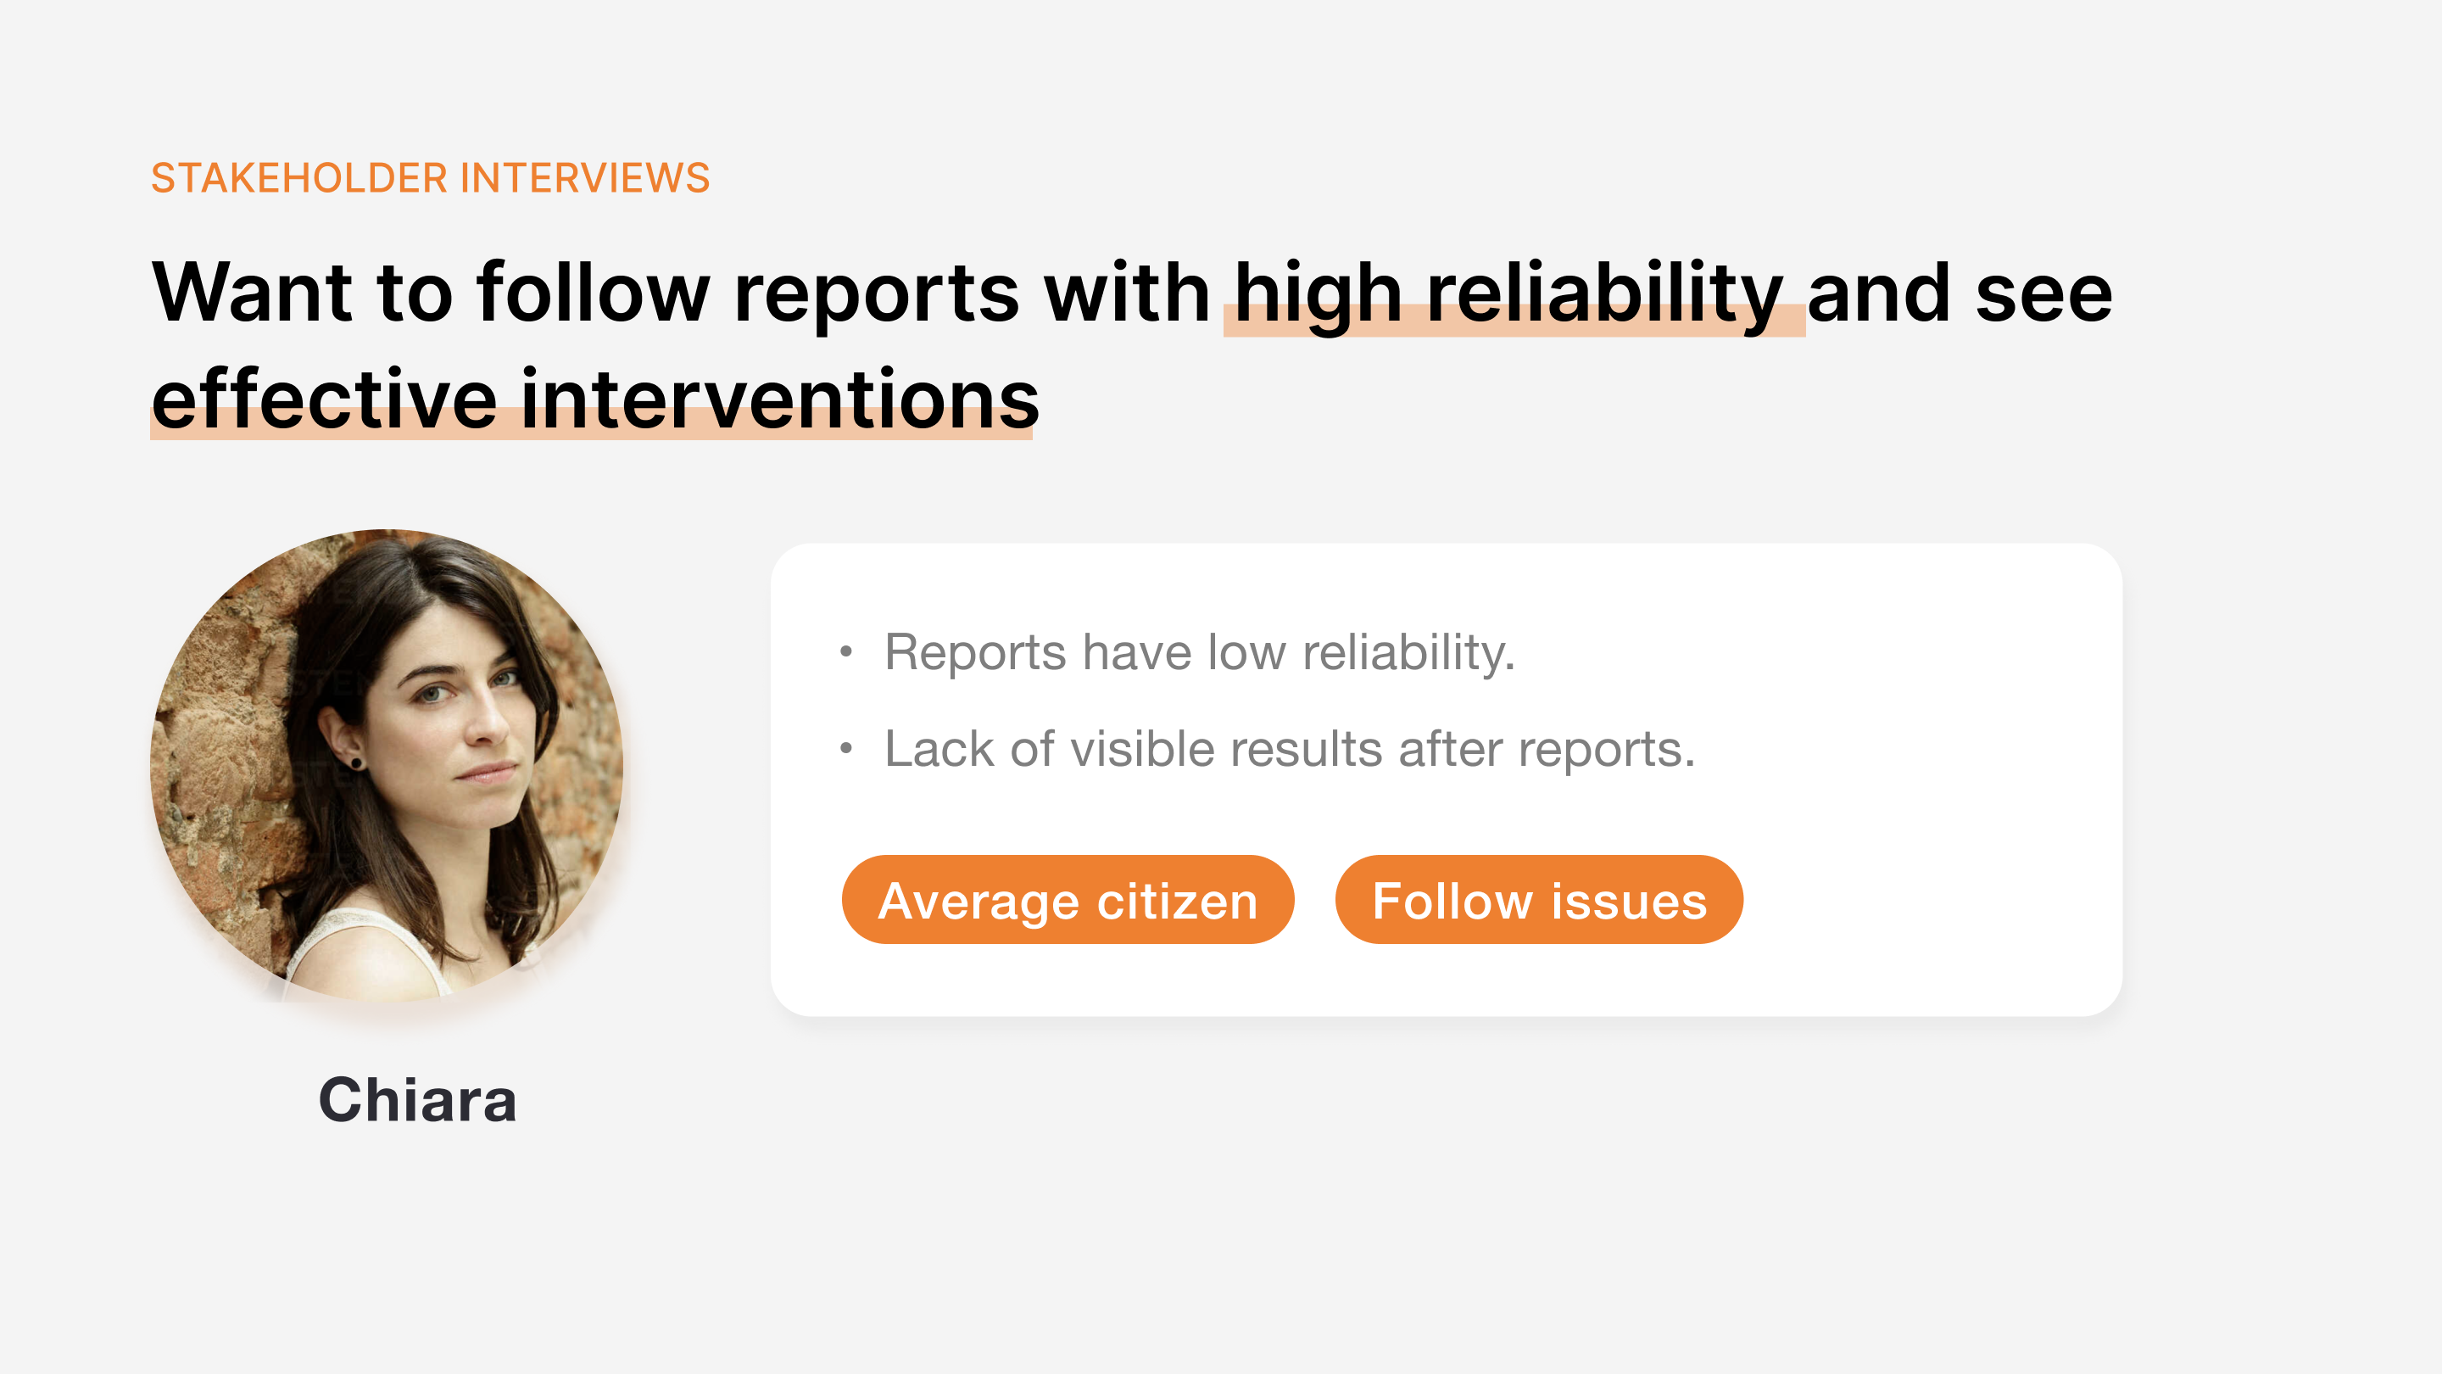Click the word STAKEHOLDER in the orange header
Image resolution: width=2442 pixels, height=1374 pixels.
[x=298, y=178]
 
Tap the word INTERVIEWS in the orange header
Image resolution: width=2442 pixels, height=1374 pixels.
[x=585, y=178]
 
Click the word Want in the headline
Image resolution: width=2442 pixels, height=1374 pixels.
[x=252, y=292]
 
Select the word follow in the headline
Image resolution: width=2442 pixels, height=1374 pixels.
[x=594, y=292]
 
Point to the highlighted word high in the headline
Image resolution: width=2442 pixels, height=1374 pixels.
[x=1318, y=296]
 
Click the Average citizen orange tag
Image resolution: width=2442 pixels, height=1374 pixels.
[x=1068, y=899]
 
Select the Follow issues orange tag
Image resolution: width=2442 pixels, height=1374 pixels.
[x=1539, y=899]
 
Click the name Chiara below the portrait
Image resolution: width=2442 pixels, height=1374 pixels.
[x=418, y=1100]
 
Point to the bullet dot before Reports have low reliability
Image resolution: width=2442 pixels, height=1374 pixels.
[x=846, y=651]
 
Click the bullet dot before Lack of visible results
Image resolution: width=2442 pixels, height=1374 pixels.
[x=846, y=749]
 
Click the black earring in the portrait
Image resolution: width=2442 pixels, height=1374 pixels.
[x=356, y=762]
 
